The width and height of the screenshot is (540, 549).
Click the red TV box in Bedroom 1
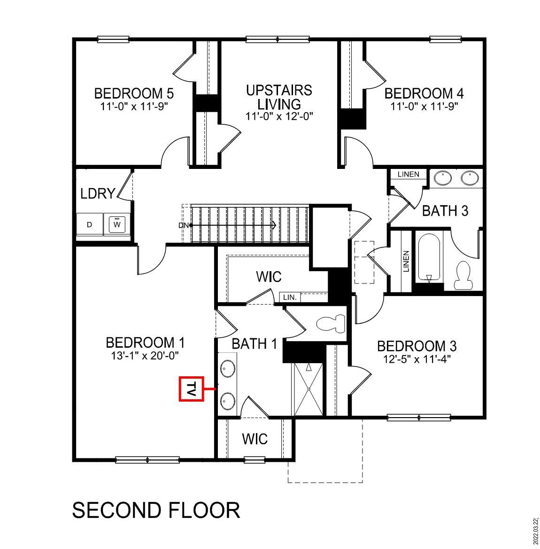(192, 389)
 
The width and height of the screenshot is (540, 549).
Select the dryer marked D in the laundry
(89, 225)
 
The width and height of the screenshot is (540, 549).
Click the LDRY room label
(98, 193)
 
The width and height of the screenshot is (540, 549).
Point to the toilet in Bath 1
(331, 324)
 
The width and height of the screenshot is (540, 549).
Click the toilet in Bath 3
(463, 275)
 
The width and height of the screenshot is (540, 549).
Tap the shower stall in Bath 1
(309, 389)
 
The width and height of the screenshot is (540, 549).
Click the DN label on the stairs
(183, 225)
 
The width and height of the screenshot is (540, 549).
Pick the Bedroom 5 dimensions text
(134, 106)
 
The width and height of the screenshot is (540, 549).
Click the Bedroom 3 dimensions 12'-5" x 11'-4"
(417, 359)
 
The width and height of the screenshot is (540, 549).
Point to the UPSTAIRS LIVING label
(279, 97)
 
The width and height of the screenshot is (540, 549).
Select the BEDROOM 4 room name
(424, 93)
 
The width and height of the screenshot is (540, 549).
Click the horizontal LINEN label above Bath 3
(408, 175)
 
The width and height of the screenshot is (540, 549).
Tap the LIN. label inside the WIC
(289, 297)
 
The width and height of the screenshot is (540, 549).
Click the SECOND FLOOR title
(156, 510)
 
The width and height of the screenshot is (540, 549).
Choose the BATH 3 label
(445, 211)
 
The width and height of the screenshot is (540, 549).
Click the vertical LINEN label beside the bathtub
(406, 261)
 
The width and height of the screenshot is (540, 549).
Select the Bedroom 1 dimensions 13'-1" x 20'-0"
(145, 356)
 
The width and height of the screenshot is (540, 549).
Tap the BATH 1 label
(255, 343)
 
